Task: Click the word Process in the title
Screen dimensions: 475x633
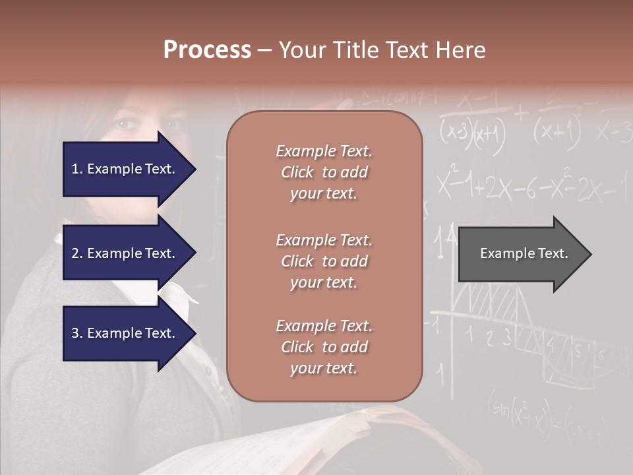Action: pyautogui.click(x=207, y=50)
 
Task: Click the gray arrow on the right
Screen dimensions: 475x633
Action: pyautogui.click(x=521, y=253)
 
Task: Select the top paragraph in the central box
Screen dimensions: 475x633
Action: pyautogui.click(x=324, y=172)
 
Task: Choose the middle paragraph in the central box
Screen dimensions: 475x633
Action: pyautogui.click(x=324, y=261)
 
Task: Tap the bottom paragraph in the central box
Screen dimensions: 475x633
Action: pyautogui.click(x=324, y=346)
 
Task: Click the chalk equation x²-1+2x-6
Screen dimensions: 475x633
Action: pyautogui.click(x=501, y=188)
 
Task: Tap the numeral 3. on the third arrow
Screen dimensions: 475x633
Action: pyautogui.click(x=77, y=333)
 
